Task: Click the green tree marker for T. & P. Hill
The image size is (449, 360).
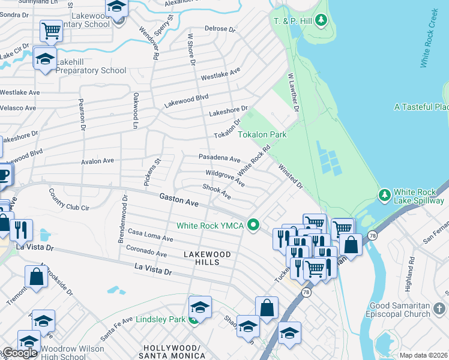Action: click(x=322, y=22)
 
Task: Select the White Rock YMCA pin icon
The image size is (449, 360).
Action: click(x=254, y=226)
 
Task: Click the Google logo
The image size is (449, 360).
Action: click(x=19, y=353)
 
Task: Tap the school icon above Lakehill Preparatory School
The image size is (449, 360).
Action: click(x=44, y=59)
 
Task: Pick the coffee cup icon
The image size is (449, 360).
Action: click(x=3, y=175)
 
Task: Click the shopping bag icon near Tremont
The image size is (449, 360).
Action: click(x=36, y=277)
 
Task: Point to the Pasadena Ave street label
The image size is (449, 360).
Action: click(x=219, y=158)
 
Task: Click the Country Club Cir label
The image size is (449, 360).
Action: click(x=68, y=200)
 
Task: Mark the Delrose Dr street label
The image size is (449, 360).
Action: click(x=220, y=28)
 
